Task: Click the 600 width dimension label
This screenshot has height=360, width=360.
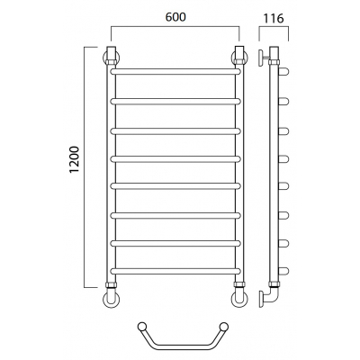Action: tap(175, 17)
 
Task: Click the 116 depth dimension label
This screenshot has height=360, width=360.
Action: tap(274, 19)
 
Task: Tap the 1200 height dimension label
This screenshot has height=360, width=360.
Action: tap(74, 159)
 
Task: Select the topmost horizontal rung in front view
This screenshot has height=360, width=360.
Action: tap(175, 71)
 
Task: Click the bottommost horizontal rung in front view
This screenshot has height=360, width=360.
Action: tap(175, 271)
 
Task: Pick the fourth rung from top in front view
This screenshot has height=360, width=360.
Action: tap(175, 159)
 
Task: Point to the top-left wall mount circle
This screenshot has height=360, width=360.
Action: tap(104, 58)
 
